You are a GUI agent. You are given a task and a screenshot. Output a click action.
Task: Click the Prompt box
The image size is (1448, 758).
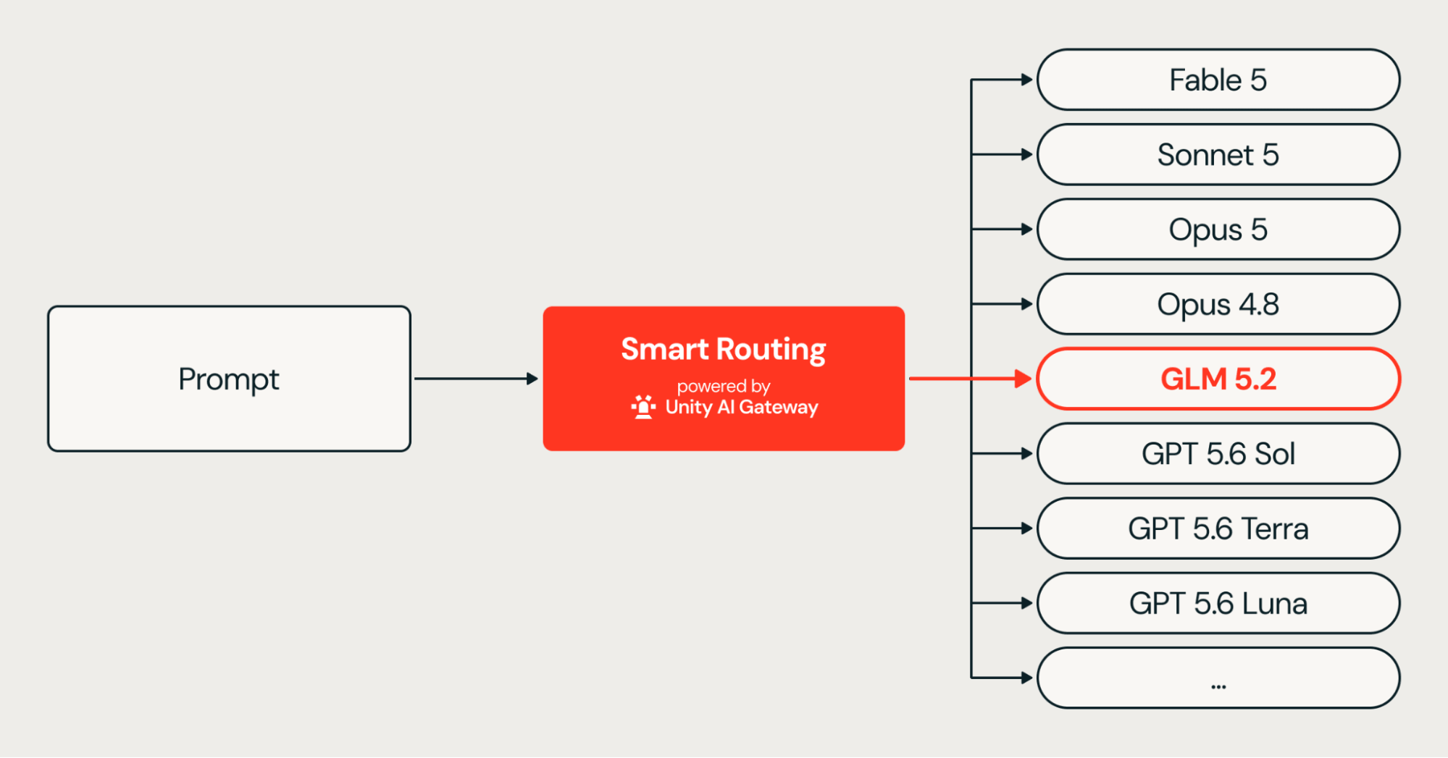(229, 379)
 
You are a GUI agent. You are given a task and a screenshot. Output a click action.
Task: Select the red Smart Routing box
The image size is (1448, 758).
(724, 379)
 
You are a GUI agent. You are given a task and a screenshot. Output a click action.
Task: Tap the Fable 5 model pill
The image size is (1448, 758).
(1218, 80)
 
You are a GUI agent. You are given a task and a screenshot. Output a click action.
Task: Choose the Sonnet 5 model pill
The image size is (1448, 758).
(1218, 154)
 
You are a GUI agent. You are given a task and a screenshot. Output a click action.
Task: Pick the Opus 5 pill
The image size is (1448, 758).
(1218, 229)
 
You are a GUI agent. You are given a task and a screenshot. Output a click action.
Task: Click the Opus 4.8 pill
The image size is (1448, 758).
(1218, 304)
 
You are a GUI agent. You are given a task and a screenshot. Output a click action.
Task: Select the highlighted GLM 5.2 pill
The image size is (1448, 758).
(1218, 379)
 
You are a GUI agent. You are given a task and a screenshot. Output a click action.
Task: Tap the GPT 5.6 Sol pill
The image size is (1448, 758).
(1218, 454)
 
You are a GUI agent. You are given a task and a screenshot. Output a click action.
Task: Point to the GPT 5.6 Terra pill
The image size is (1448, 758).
(1218, 529)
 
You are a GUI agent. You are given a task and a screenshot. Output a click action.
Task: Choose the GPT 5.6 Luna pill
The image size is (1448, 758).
(1218, 603)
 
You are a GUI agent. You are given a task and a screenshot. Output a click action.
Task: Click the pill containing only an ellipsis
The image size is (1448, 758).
(1218, 678)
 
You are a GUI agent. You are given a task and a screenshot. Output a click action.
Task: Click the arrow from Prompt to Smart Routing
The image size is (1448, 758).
(476, 379)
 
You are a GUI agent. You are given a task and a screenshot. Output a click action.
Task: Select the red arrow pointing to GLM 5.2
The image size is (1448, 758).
(970, 379)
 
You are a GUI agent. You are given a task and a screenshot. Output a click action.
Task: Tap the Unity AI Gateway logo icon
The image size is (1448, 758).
(643, 407)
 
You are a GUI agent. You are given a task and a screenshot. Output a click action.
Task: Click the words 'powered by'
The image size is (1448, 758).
(724, 387)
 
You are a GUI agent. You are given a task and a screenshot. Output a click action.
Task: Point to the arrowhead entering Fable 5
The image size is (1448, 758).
(1027, 80)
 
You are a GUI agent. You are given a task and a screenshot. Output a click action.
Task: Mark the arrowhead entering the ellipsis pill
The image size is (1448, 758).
(1027, 678)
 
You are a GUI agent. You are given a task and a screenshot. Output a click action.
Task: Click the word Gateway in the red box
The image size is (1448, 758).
(779, 408)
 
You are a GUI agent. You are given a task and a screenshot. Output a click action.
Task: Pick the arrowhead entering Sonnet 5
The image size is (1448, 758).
(1027, 154)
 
